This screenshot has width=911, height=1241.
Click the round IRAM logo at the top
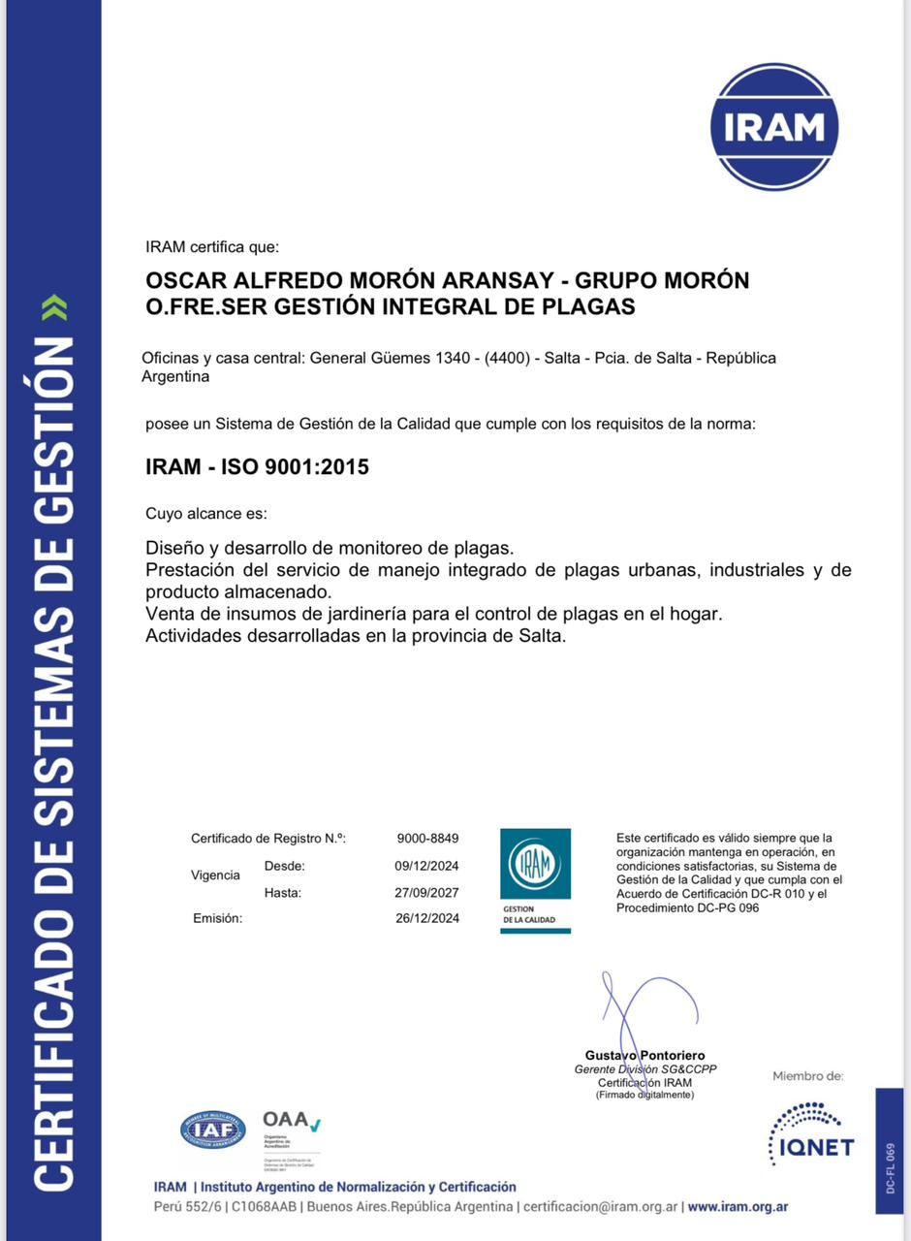(773, 126)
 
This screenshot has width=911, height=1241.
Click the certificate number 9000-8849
(427, 839)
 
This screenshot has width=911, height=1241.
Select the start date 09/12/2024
(426, 866)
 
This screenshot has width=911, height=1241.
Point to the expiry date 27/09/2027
(426, 893)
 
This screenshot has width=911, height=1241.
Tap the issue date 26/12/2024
(426, 918)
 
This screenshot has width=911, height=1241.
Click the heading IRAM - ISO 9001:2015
(257, 467)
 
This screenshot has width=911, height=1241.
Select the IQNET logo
(811, 1132)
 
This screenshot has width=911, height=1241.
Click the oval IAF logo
(212, 1130)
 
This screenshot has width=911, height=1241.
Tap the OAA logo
(291, 1123)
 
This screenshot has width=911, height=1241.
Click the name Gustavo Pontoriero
(644, 1055)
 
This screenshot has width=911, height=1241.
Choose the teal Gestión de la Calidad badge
(535, 880)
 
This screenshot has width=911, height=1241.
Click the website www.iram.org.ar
(738, 1207)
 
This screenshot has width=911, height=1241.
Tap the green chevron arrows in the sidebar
(59, 308)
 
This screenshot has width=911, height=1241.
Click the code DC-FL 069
(890, 1167)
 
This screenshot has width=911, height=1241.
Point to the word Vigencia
(215, 875)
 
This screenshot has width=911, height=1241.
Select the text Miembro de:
(807, 1076)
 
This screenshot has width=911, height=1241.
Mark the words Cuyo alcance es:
(205, 514)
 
